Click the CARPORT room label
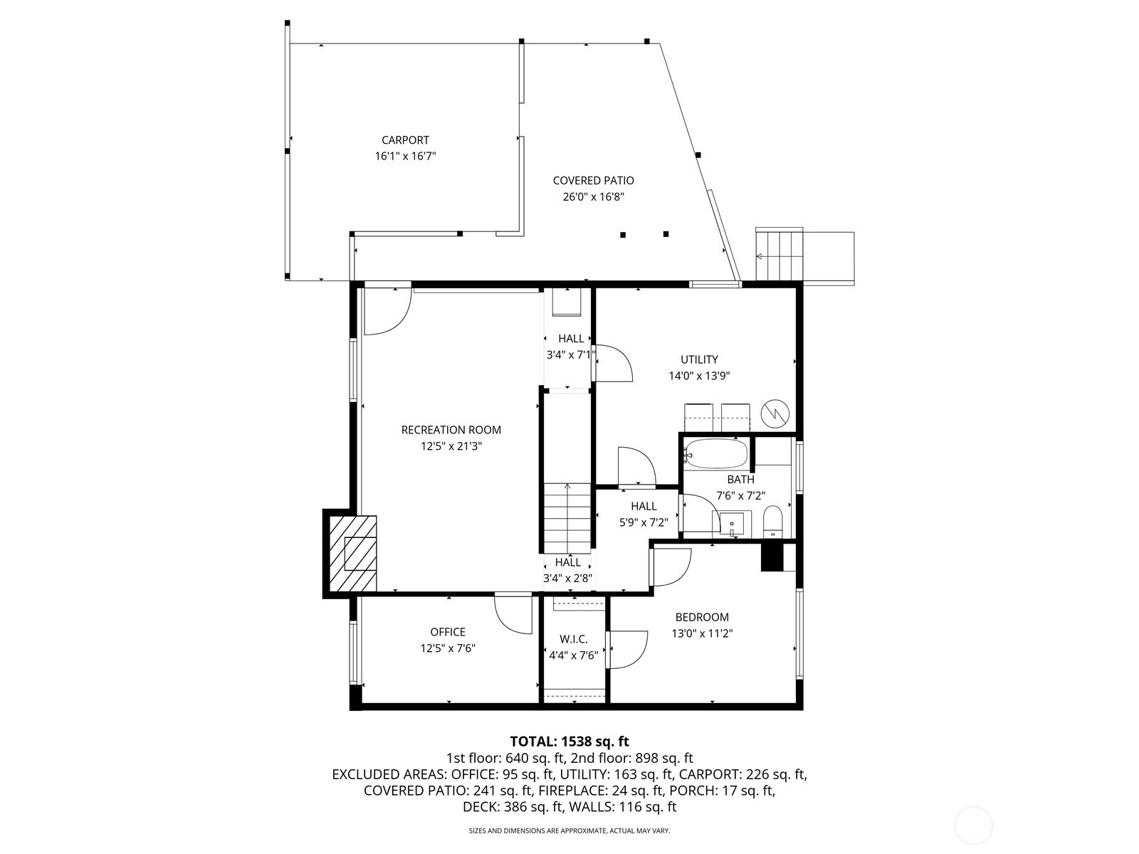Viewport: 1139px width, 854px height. tap(405, 140)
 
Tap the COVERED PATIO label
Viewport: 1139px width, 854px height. tap(593, 181)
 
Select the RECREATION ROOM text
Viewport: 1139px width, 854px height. tap(451, 430)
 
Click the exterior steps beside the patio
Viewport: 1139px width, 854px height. tap(780, 255)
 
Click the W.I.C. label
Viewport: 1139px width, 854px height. tap(574, 639)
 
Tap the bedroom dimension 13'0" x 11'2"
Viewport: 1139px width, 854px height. tap(702, 633)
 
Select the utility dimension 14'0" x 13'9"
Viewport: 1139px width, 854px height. tap(699, 376)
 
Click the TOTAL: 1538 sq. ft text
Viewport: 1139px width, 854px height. tap(569, 742)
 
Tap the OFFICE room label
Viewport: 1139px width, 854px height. tap(448, 632)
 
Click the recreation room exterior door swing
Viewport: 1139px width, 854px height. tap(387, 310)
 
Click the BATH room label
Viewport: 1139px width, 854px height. tap(740, 480)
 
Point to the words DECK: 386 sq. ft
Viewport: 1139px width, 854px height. tap(512, 807)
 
